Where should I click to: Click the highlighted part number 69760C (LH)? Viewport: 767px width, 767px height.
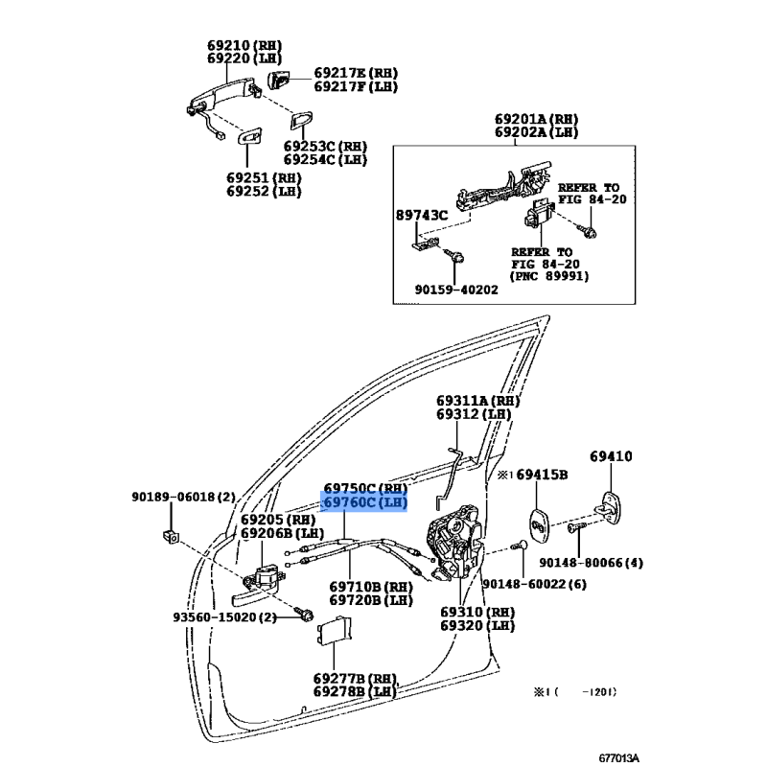click(x=364, y=502)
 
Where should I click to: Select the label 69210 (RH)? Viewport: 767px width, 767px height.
click(x=244, y=45)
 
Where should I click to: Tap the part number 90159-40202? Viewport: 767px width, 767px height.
click(x=456, y=290)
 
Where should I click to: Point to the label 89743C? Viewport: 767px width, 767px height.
click(x=422, y=215)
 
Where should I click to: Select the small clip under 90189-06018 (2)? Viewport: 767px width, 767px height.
click(x=171, y=537)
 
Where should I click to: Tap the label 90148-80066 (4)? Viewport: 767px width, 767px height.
click(x=591, y=563)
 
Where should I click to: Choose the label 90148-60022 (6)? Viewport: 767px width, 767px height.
click(x=534, y=584)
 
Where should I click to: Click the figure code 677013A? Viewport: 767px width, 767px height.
click(x=618, y=758)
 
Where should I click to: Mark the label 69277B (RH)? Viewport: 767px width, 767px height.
click(x=355, y=679)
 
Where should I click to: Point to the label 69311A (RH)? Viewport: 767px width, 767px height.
click(x=477, y=401)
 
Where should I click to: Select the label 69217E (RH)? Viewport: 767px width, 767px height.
click(x=356, y=73)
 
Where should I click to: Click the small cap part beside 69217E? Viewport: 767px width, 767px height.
click(x=278, y=80)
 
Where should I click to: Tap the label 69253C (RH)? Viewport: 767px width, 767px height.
click(x=325, y=147)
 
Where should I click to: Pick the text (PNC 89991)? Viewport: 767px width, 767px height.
click(x=548, y=276)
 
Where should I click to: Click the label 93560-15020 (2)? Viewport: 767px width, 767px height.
click(x=224, y=617)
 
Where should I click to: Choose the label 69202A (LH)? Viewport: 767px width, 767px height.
click(x=536, y=132)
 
